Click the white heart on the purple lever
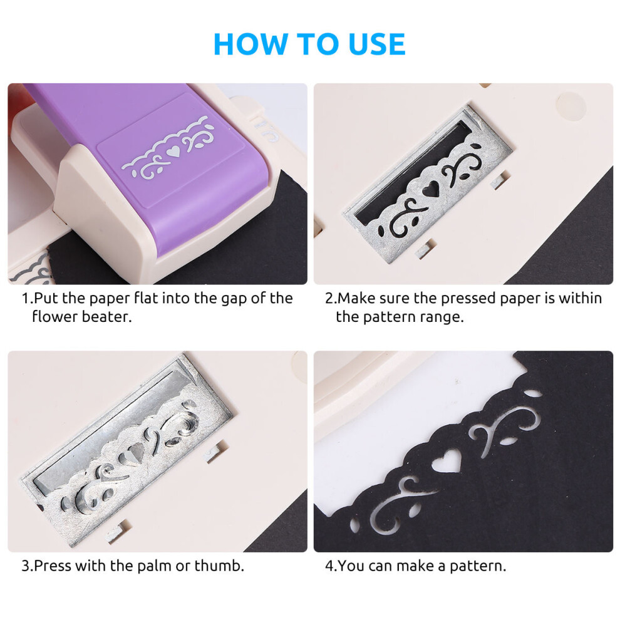[173, 152]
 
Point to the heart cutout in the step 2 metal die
[431, 189]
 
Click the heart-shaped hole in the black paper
[447, 460]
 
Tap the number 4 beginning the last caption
[329, 566]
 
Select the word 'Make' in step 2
[356, 299]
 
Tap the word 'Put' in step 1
[46, 299]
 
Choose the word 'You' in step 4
[351, 566]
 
